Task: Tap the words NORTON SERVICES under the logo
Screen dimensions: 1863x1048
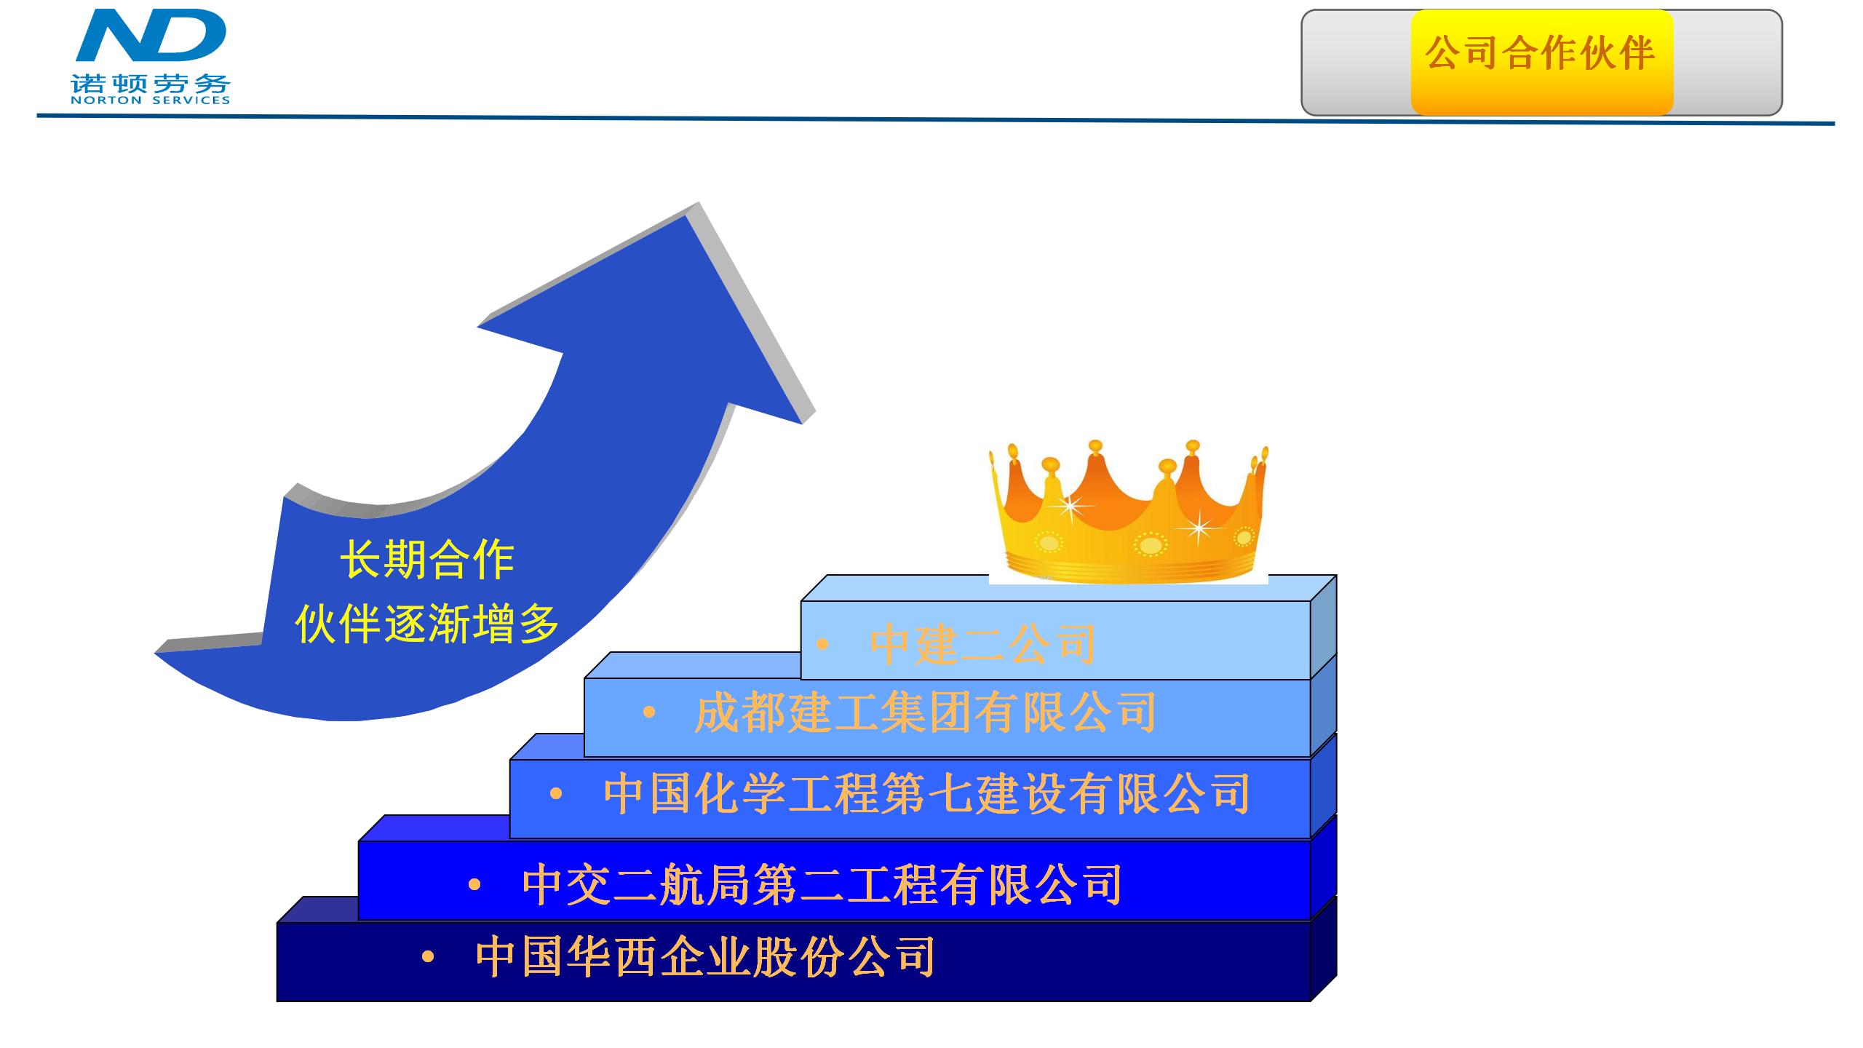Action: point(151,100)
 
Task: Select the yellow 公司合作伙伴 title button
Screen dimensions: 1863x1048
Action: point(1542,62)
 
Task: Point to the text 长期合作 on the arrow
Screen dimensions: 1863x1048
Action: point(427,560)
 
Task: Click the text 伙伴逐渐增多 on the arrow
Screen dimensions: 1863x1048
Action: point(427,624)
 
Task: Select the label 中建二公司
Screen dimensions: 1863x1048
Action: point(983,645)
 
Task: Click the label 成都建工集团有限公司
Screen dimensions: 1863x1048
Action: point(925,713)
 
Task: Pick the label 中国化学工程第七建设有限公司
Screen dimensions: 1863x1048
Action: point(927,793)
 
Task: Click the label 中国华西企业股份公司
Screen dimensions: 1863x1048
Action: point(705,956)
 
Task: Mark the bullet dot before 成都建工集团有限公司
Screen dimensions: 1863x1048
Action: point(649,714)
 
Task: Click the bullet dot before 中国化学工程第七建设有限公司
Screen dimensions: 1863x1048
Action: point(556,794)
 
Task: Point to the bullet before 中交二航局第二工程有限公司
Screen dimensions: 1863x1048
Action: point(474,885)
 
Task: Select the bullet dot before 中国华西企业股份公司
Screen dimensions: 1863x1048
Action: point(428,957)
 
